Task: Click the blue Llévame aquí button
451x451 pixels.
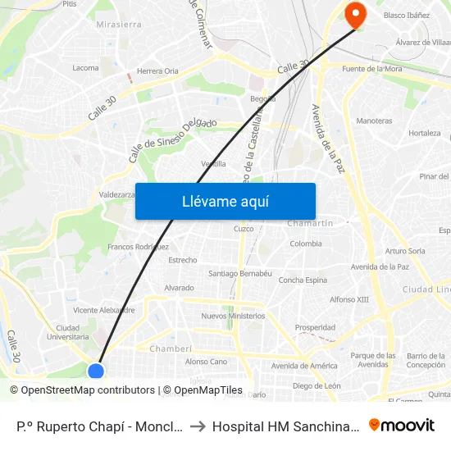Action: [225, 202]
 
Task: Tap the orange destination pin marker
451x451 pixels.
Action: [356, 14]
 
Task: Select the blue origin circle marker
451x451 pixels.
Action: [96, 371]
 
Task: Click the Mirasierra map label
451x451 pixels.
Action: [119, 25]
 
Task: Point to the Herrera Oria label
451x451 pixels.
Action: [157, 71]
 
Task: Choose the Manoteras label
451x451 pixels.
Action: [375, 121]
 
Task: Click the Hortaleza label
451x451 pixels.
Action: [425, 133]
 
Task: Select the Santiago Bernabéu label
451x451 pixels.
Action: [240, 273]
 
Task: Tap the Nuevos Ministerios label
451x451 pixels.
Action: [233, 316]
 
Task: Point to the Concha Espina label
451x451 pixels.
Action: [303, 280]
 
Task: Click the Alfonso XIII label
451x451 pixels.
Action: [349, 299]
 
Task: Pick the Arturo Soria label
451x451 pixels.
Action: [405, 251]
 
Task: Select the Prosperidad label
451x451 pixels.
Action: [315, 327]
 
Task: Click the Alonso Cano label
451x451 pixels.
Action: [206, 362]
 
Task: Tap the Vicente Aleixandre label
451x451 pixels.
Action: [103, 311]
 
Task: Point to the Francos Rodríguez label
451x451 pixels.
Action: [138, 247]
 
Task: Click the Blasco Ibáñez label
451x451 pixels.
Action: [406, 16]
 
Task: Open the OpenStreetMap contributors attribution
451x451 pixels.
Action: [83, 390]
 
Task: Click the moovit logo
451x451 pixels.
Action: [402, 426]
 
